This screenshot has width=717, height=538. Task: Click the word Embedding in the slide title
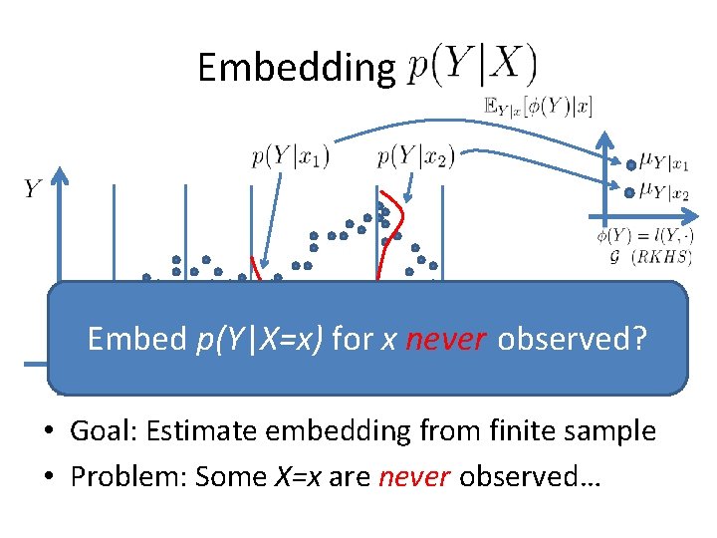click(x=296, y=68)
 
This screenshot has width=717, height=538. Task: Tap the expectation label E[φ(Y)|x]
click(x=538, y=107)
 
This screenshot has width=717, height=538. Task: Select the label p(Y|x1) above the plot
click(x=290, y=155)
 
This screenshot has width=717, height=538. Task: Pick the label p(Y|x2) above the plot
click(x=416, y=155)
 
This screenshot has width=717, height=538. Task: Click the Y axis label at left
click(x=32, y=189)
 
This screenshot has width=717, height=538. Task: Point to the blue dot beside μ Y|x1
click(x=631, y=164)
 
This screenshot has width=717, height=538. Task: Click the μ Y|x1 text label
click(x=665, y=162)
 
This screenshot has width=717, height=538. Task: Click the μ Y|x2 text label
click(x=665, y=191)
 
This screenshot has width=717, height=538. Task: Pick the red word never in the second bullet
click(x=414, y=477)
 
